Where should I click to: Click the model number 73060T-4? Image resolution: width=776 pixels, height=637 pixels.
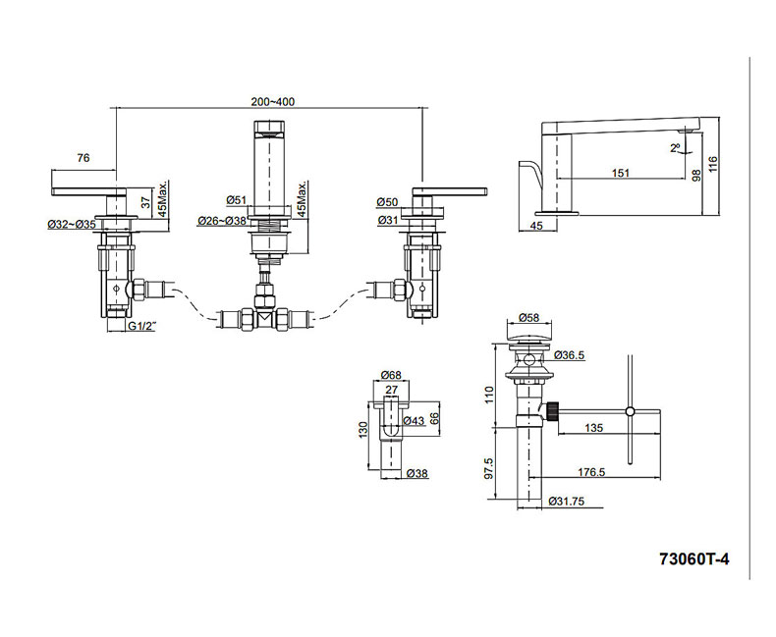pyautogui.click(x=693, y=559)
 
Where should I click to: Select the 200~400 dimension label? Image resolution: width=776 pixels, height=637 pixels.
pyautogui.click(x=272, y=102)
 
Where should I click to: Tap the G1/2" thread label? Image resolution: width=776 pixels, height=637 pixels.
pyautogui.click(x=142, y=326)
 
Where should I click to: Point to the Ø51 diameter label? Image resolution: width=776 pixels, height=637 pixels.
pyautogui.click(x=237, y=200)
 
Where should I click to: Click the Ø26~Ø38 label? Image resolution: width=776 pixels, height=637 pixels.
pyautogui.click(x=222, y=221)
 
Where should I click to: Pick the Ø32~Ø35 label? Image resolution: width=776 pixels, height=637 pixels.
pyautogui.click(x=72, y=224)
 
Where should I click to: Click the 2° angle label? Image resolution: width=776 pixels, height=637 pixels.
pyautogui.click(x=676, y=147)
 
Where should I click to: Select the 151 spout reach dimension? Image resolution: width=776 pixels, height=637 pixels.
pyautogui.click(x=621, y=173)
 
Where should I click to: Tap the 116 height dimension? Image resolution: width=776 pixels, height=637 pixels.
pyautogui.click(x=713, y=164)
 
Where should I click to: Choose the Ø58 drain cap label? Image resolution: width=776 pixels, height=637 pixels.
pyautogui.click(x=529, y=317)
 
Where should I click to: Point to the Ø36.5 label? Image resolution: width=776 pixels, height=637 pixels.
pyautogui.click(x=569, y=354)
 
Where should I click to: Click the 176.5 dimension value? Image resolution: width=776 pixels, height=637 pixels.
pyautogui.click(x=591, y=472)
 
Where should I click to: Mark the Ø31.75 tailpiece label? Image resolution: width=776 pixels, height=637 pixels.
pyautogui.click(x=567, y=501)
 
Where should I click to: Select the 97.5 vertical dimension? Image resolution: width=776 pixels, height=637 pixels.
pyautogui.click(x=489, y=468)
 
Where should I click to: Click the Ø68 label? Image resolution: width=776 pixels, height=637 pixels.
pyautogui.click(x=392, y=375)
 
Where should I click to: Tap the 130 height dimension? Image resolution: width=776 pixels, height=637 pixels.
pyautogui.click(x=363, y=430)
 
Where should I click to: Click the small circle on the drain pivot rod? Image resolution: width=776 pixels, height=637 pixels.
pyautogui.click(x=630, y=411)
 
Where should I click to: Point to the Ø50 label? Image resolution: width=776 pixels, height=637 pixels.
pyautogui.click(x=387, y=202)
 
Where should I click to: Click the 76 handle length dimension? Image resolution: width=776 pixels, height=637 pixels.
pyautogui.click(x=83, y=158)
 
